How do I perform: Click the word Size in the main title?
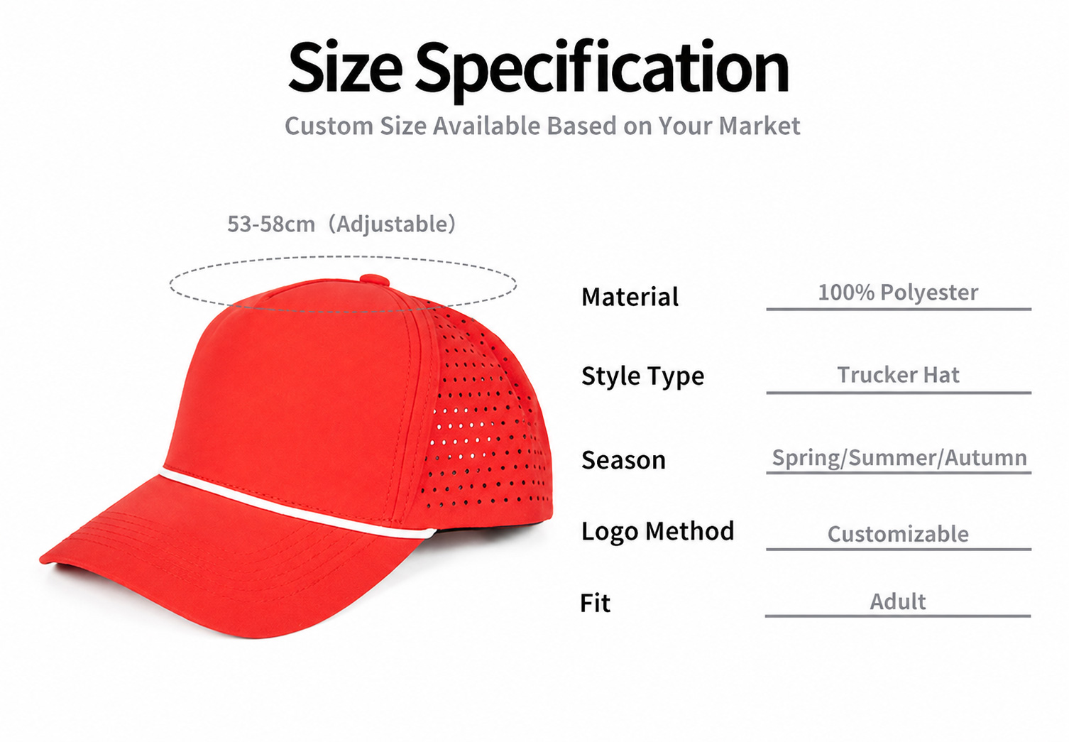[x=345, y=67]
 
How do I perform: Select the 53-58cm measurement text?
[x=271, y=224]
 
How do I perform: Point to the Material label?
[x=630, y=297]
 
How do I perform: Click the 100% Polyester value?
[x=898, y=293]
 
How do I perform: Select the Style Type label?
[x=642, y=376]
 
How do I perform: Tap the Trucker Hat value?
[x=898, y=375]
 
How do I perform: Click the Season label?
[x=623, y=460]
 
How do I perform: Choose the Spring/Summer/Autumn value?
[x=899, y=458]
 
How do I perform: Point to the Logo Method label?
[x=657, y=531]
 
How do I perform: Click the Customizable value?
[x=898, y=534]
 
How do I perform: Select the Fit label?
[x=595, y=603]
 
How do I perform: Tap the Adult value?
[x=898, y=601]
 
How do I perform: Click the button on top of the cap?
[x=375, y=280]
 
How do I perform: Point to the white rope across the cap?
[x=296, y=504]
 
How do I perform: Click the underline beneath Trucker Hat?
[x=899, y=393]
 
